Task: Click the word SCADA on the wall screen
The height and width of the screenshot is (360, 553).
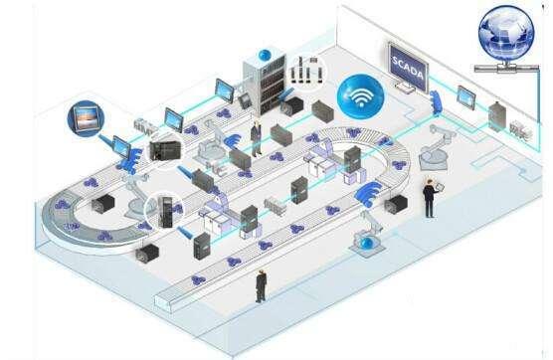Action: click(408, 68)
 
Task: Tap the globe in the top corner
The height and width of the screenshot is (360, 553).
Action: click(506, 33)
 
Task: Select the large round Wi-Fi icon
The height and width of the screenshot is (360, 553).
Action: click(360, 95)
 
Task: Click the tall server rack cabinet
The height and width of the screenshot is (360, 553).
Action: click(264, 85)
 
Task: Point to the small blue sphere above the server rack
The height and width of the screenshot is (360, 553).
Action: click(265, 55)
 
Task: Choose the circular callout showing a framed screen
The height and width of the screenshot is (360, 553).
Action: click(85, 118)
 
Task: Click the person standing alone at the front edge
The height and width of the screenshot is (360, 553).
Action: click(261, 286)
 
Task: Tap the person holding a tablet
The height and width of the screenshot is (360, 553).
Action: click(431, 198)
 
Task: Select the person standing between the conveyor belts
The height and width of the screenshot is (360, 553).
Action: click(257, 138)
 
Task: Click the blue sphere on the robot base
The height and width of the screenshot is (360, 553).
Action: click(368, 244)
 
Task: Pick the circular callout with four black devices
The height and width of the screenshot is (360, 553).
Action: click(306, 71)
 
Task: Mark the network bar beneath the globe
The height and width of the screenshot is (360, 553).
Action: click(506, 68)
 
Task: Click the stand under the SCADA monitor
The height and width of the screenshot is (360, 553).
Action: click(405, 89)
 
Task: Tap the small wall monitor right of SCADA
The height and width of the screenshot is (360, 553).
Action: click(465, 96)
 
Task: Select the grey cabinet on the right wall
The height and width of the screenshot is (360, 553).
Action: click(497, 116)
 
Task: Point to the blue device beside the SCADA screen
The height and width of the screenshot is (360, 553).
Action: click(436, 102)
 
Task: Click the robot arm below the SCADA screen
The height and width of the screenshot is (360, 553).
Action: click(436, 148)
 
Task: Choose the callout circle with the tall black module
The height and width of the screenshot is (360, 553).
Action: click(166, 211)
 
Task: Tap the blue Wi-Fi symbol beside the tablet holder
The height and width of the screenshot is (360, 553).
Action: click(369, 195)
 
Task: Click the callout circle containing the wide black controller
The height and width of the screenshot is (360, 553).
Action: click(165, 151)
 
